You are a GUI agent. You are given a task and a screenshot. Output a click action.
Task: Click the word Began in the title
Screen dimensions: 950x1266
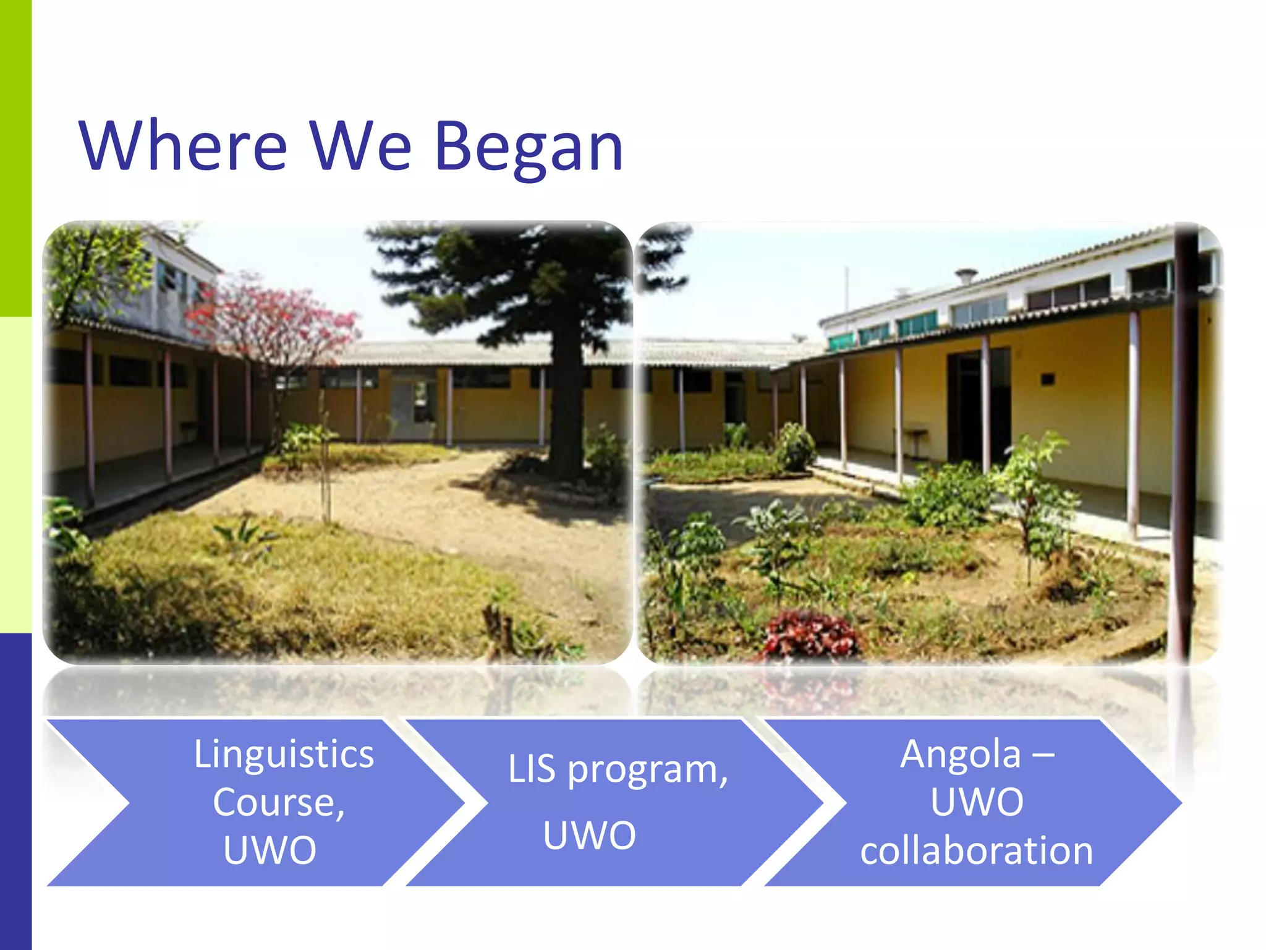pos(529,147)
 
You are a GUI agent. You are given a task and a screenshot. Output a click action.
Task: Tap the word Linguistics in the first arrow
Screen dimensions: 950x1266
pos(284,754)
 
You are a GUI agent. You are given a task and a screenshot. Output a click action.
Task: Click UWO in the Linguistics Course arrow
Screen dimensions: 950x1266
pos(270,850)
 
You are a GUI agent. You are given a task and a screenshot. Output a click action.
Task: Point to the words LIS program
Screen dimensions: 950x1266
pos(617,769)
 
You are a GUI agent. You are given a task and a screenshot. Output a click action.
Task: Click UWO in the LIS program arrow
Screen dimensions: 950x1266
pos(589,835)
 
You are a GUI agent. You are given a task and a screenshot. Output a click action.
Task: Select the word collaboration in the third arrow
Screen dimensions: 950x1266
pos(976,850)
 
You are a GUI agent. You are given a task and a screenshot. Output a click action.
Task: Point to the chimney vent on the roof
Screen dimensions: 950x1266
pos(966,275)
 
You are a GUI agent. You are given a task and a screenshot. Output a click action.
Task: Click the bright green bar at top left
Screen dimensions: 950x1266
pos(15,158)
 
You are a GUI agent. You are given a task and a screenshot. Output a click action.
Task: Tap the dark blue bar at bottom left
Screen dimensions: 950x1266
pos(15,792)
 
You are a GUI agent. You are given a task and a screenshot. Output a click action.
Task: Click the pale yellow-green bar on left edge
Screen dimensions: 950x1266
pos(15,475)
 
